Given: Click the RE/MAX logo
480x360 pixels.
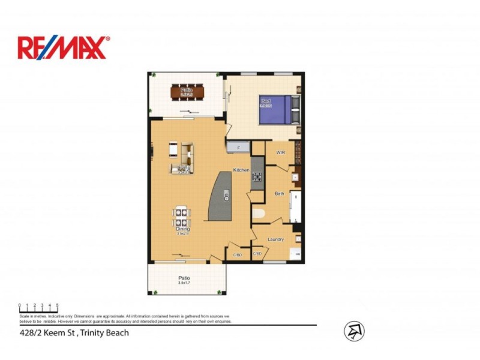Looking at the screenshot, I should [x=64, y=47].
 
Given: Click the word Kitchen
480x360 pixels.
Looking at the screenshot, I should [x=241, y=170].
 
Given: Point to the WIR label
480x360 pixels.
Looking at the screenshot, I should [x=280, y=153].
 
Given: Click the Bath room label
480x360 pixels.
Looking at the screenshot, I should [x=280, y=194].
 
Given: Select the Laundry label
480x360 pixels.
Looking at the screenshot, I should [x=275, y=239].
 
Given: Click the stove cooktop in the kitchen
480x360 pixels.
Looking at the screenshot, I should [x=258, y=176].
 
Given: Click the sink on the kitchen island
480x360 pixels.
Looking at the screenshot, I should [x=227, y=194].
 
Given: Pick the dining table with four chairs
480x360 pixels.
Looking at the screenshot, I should [x=182, y=217].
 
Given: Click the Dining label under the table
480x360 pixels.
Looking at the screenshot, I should [x=183, y=229].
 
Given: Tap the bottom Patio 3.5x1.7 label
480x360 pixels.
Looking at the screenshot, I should [x=184, y=280].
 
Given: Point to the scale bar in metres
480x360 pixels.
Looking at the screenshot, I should [x=38, y=310].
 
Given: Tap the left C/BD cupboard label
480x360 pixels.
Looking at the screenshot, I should [x=237, y=255].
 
